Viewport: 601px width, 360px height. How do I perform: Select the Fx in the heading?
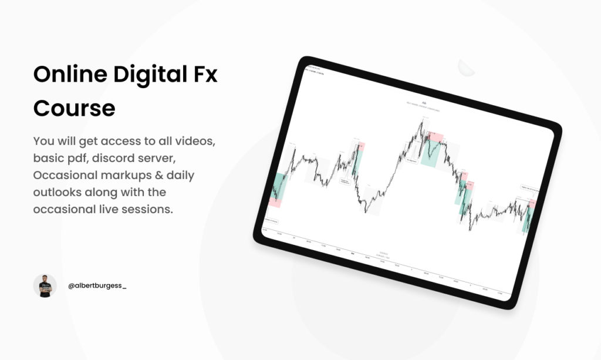[205, 76]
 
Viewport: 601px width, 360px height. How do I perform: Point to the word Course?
[74, 109]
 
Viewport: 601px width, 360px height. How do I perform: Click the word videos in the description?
[198, 142]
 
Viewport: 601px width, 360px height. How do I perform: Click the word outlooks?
[60, 192]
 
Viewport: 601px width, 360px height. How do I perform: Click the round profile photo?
[45, 285]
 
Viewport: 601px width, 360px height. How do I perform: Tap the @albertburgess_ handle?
[97, 285]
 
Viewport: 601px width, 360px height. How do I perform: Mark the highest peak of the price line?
[421, 120]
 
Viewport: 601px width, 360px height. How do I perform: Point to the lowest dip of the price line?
[470, 229]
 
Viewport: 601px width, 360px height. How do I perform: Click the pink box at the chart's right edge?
[532, 205]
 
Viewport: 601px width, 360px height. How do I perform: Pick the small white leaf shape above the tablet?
[466, 67]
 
